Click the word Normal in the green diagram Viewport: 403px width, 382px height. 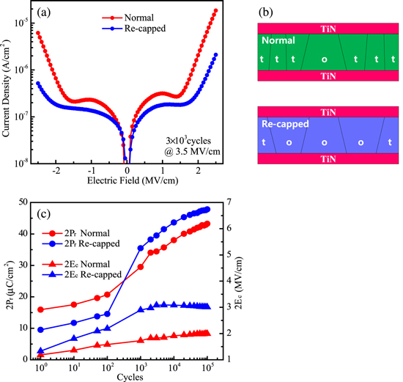click(x=278, y=42)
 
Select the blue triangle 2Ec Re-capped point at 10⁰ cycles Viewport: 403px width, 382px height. click(x=41, y=350)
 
